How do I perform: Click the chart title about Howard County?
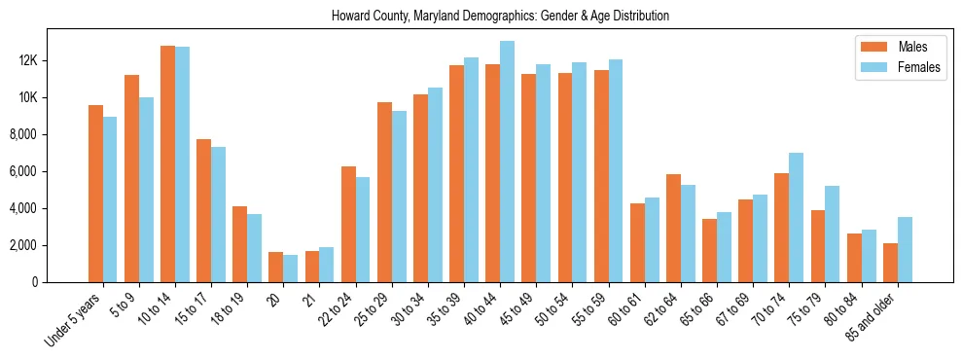pos(500,17)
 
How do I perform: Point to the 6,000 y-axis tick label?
pos(49,171)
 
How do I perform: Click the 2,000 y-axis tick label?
pos(49,245)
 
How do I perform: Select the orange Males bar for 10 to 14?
pos(167,163)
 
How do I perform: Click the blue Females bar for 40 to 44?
pos(507,162)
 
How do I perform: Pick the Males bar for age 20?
pos(275,267)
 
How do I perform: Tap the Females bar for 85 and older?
pos(905,249)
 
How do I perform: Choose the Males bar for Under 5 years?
pos(95,194)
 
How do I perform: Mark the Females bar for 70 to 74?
pos(797,217)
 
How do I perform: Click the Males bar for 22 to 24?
pos(348,224)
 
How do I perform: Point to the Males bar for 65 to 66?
pos(709,250)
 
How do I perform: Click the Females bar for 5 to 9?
pos(146,190)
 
